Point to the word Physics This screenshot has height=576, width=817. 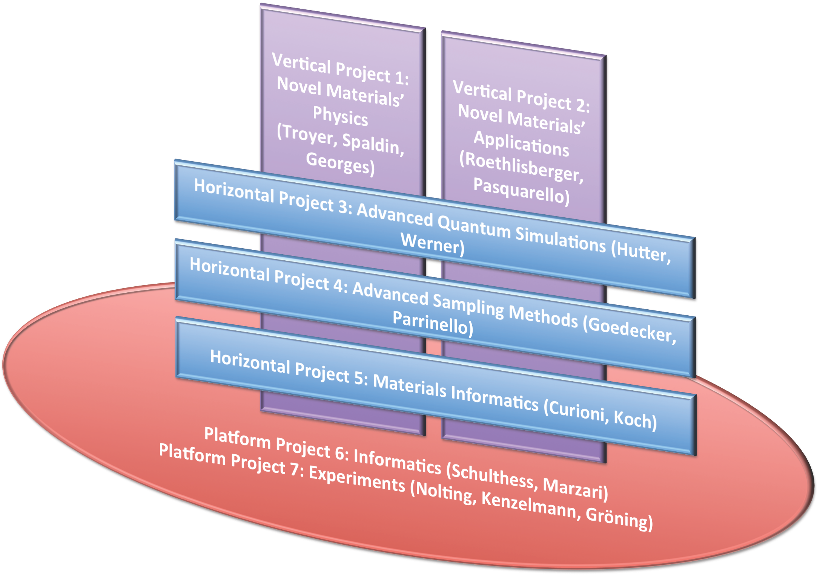tap(340, 116)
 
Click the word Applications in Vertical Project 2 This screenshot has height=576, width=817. tap(521, 144)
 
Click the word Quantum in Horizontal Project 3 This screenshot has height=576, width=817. tap(475, 227)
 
